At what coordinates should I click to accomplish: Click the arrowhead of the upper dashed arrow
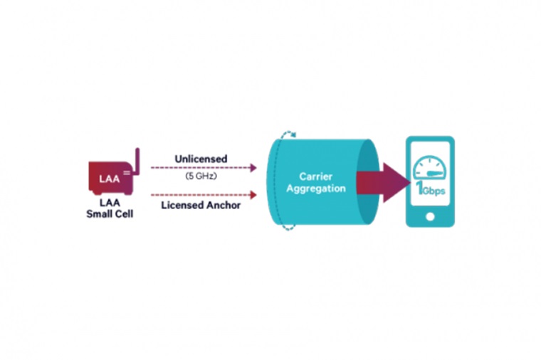pos(254,168)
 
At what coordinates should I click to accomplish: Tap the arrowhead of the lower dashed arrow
pos(254,192)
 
